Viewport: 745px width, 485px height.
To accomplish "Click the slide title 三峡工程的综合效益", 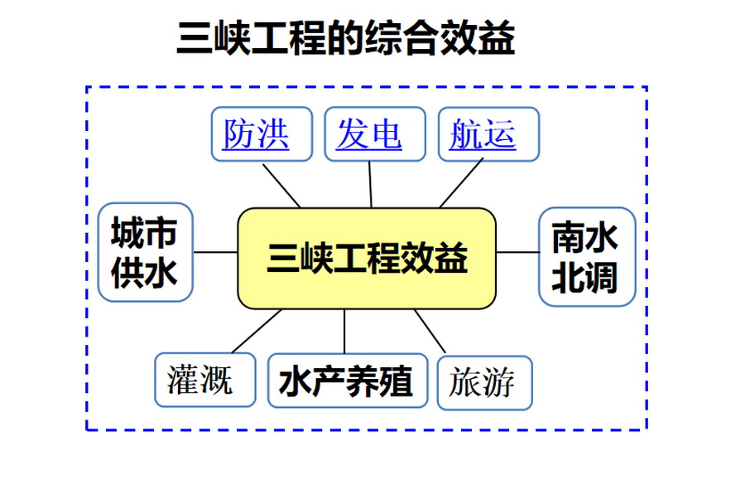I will click(x=345, y=38).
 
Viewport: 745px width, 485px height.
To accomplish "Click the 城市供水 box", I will click(x=145, y=252).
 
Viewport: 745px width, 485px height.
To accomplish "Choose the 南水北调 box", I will click(x=586, y=256).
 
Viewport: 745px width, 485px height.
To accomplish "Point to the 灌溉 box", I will click(x=204, y=381).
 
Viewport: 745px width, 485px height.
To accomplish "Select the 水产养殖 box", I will click(x=345, y=382).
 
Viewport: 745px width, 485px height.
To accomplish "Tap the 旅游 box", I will click(x=483, y=382).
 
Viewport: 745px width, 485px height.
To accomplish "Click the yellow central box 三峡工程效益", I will click(x=367, y=258).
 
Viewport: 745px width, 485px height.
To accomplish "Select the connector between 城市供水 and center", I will click(x=215, y=252).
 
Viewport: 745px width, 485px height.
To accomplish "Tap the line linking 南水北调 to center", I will click(x=517, y=252).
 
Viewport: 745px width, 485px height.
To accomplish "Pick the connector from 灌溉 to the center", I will click(x=257, y=331).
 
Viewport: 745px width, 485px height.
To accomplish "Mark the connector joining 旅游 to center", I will click(x=430, y=331).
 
